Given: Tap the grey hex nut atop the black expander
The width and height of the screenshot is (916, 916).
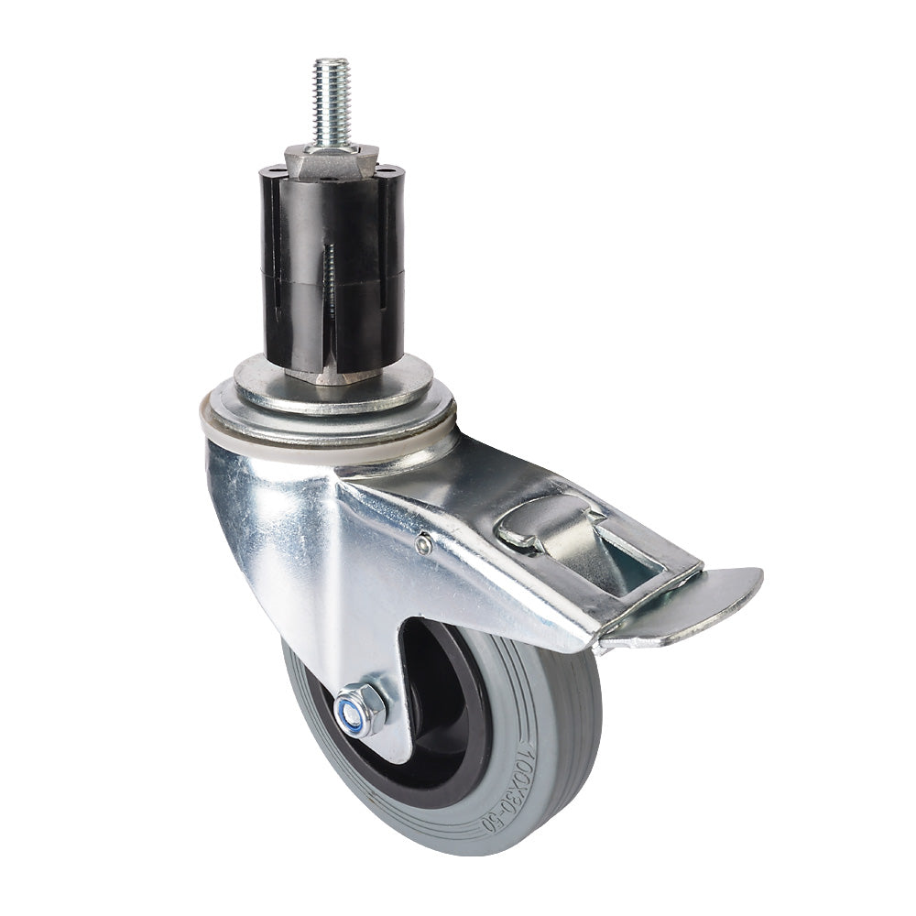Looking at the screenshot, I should point(329,161).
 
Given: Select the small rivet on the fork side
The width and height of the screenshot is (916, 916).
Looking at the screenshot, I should point(422,545).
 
